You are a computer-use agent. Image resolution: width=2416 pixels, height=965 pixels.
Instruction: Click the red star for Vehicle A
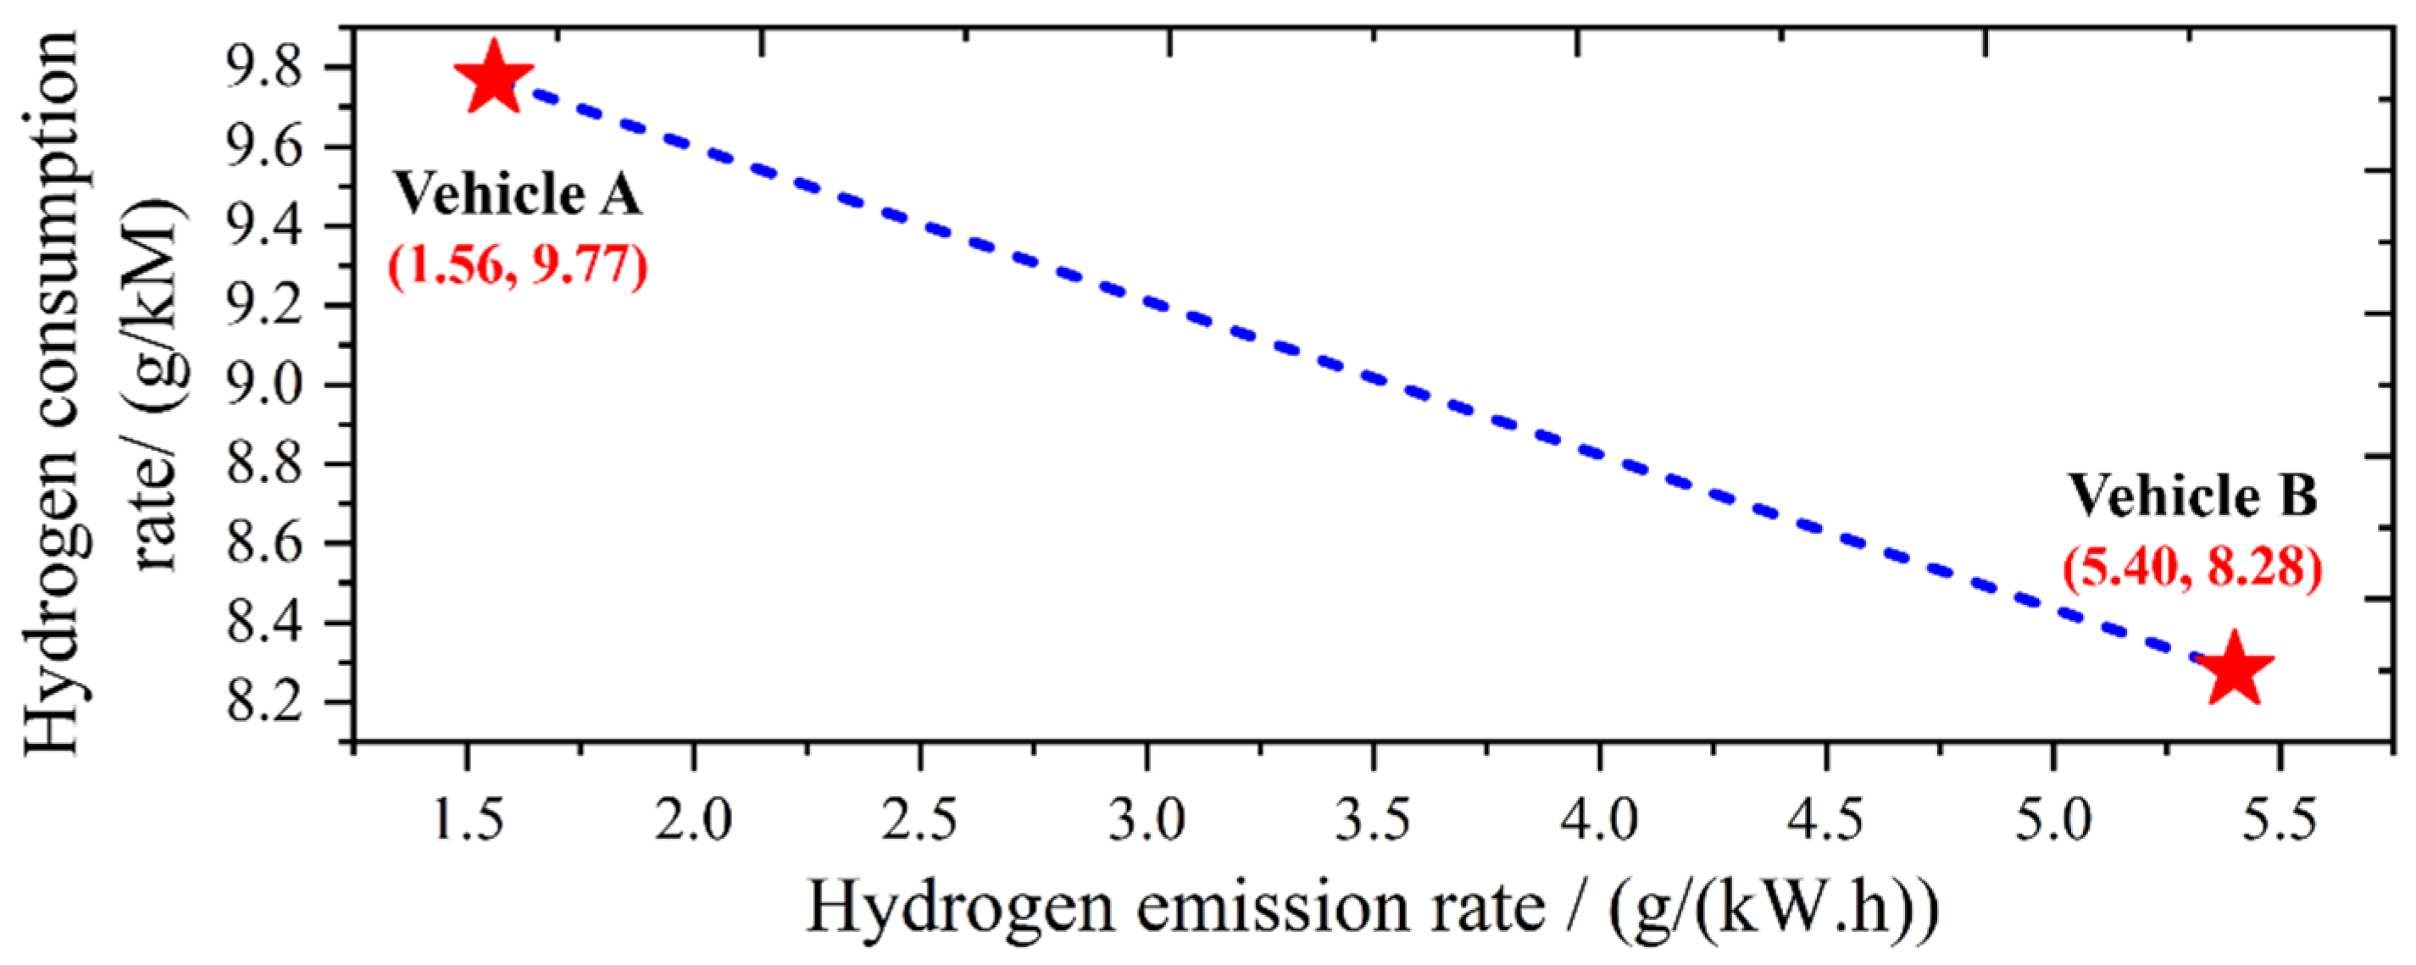pos(493,79)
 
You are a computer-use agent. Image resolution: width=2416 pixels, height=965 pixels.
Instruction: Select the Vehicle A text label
pos(517,195)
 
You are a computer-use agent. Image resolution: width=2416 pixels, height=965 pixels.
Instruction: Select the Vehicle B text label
pos(2193,496)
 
